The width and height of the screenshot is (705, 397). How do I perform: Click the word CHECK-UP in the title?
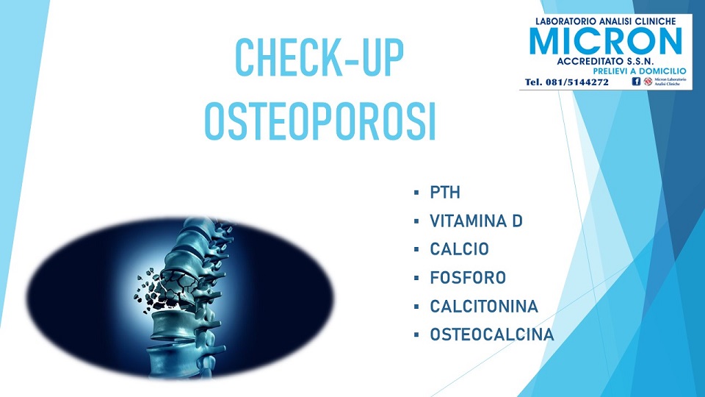point(319,58)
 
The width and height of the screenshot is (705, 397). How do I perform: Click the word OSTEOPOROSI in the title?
point(320,121)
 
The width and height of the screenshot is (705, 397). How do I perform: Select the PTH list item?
point(445,193)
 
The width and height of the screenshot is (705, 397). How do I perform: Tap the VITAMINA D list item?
point(476,221)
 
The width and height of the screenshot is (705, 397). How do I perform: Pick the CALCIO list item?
point(459,249)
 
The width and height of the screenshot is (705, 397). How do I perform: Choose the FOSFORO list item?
point(468,278)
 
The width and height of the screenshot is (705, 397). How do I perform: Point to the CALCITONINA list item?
point(484,307)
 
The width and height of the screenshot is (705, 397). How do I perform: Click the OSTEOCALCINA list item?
point(492,335)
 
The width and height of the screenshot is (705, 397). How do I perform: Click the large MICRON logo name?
point(606,41)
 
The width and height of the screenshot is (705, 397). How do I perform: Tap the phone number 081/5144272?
point(577,82)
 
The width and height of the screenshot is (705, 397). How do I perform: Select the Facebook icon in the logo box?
point(636,82)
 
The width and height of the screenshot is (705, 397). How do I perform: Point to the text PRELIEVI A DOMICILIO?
point(640,71)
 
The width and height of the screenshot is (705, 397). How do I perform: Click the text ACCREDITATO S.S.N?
point(605,61)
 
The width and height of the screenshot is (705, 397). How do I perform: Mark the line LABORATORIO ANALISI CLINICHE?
point(606,21)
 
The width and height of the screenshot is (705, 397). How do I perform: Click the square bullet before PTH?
point(416,193)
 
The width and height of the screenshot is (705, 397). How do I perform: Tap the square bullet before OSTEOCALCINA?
point(416,335)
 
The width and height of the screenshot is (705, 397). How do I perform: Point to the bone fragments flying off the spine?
point(147,290)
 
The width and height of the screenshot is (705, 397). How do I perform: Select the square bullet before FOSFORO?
point(416,278)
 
